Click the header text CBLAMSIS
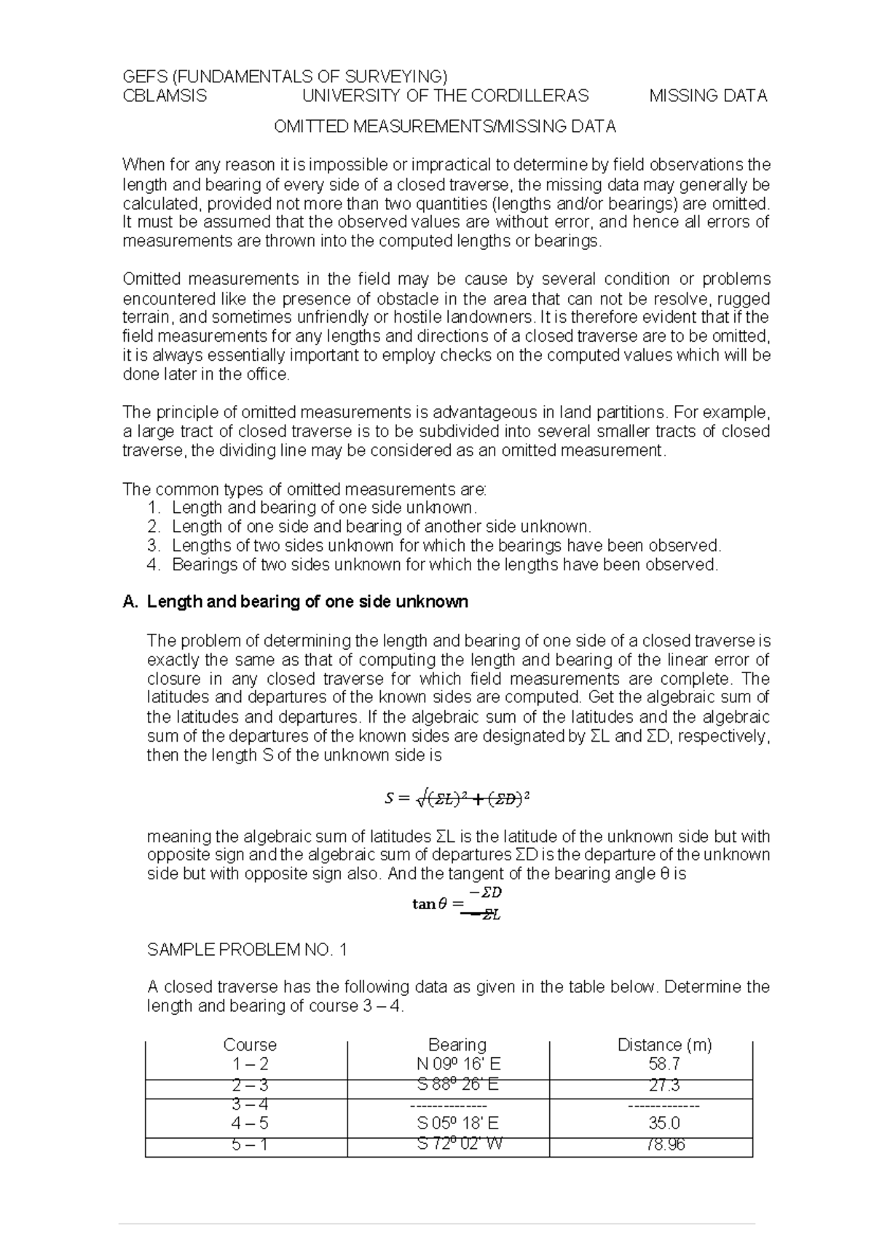[165, 96]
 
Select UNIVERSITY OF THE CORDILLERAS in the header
[445, 96]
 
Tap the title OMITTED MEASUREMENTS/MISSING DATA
[444, 127]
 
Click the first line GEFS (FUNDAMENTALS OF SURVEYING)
[284, 77]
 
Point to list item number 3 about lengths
[446, 546]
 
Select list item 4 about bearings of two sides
[444, 565]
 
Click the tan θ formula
[457, 903]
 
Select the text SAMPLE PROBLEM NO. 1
[248, 949]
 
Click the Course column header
[250, 1045]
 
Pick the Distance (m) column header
[664, 1045]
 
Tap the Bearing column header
[457, 1045]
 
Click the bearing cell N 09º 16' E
[457, 1064]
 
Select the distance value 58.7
[664, 1064]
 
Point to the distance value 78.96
[664, 1144]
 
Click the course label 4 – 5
[250, 1123]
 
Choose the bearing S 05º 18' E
[457, 1123]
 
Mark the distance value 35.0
[664, 1123]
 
